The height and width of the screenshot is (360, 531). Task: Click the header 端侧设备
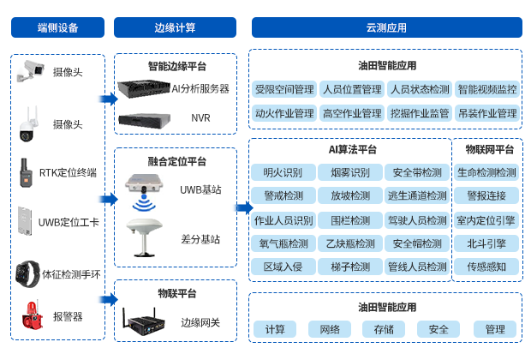tap(57, 27)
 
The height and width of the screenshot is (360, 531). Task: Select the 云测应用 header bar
tap(386, 27)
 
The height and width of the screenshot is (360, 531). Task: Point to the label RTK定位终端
tap(68, 173)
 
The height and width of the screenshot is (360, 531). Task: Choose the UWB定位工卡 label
tap(69, 223)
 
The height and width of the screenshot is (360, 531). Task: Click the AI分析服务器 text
tap(200, 88)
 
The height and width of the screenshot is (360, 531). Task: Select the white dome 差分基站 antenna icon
tap(143, 234)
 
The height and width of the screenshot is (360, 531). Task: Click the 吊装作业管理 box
tap(487, 113)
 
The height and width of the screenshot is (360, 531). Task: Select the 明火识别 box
tap(283, 172)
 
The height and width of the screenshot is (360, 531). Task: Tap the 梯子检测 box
tap(349, 267)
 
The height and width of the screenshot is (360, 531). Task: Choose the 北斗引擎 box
tap(486, 243)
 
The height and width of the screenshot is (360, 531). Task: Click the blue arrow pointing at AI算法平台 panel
tap(243, 207)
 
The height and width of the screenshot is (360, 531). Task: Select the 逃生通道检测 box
tap(417, 196)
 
